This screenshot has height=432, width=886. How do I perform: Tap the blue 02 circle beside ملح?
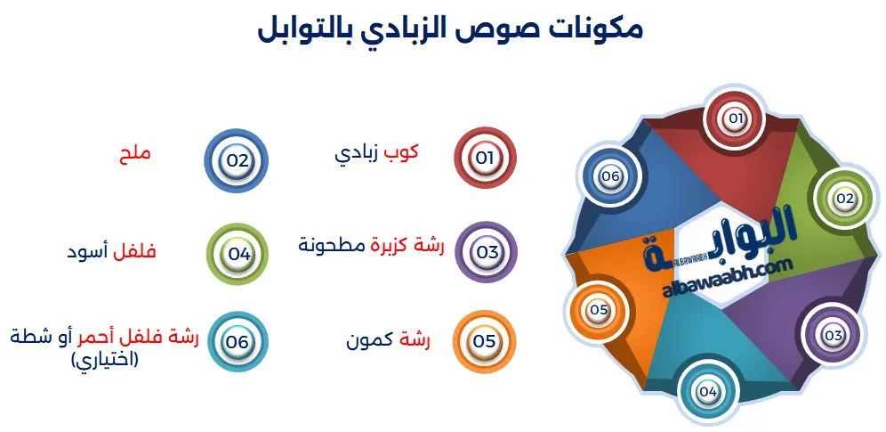point(236,161)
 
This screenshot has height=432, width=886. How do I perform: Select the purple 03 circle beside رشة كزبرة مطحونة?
point(487,252)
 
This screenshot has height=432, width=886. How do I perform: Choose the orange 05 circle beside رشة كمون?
point(484,341)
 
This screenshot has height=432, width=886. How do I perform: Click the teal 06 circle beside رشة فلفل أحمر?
point(237,341)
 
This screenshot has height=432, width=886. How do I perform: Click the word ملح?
point(134,152)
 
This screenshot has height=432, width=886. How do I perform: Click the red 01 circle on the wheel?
point(735,118)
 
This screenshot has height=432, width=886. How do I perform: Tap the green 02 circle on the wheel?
point(843,198)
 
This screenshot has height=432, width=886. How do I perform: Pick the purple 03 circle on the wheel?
point(833,336)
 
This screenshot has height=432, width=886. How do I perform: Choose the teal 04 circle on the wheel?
point(708,391)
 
